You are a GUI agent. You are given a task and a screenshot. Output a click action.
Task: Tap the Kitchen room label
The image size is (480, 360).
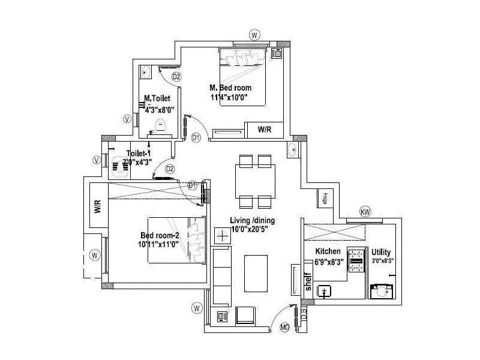328,251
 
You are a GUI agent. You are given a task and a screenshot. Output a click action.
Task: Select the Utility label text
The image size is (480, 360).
381,252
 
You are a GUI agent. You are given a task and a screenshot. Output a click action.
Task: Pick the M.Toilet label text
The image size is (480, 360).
158,98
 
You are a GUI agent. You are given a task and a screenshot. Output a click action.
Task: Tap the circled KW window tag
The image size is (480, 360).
365,212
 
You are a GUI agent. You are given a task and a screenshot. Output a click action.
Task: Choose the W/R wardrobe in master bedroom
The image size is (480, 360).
265,130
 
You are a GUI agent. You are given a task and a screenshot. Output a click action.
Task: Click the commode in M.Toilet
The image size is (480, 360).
160,126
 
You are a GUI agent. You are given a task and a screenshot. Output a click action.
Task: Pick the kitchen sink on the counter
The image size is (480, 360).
326,292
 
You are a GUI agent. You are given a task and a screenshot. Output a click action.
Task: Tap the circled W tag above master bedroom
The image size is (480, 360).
254,34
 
